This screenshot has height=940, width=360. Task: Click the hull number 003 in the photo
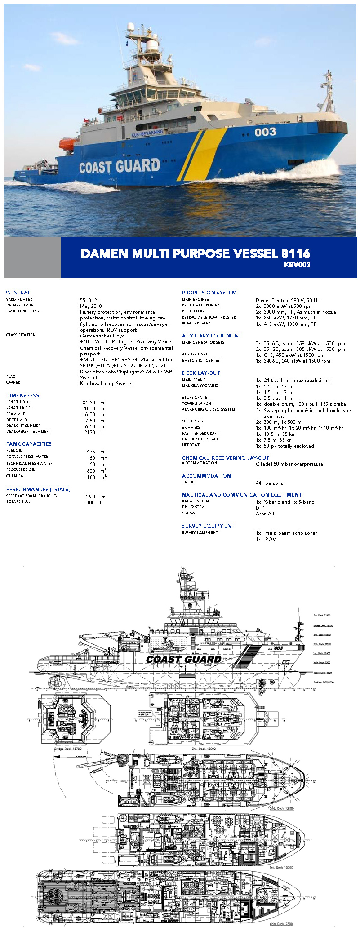[x=265, y=132]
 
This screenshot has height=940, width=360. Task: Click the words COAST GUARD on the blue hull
[x=120, y=167]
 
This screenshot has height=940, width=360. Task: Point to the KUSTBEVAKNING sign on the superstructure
[x=147, y=133]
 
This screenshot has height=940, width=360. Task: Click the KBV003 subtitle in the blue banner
[x=297, y=265]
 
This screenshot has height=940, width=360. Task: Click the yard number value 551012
[x=89, y=300]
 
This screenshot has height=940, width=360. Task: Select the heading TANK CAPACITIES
[x=29, y=444]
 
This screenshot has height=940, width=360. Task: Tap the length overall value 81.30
[x=89, y=403]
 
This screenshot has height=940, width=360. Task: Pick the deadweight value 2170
[x=90, y=432]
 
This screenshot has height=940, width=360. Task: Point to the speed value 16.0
[x=90, y=497]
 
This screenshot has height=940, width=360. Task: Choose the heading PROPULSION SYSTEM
[x=209, y=293]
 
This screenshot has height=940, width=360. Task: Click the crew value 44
[x=258, y=483]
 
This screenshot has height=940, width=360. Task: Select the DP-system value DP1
[x=260, y=508]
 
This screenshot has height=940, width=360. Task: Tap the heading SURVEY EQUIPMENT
[x=208, y=526]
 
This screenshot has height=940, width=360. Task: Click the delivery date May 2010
[x=91, y=306]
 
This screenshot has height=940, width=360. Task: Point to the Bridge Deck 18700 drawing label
[x=68, y=749]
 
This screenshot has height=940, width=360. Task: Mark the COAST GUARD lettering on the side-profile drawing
[x=183, y=659]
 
